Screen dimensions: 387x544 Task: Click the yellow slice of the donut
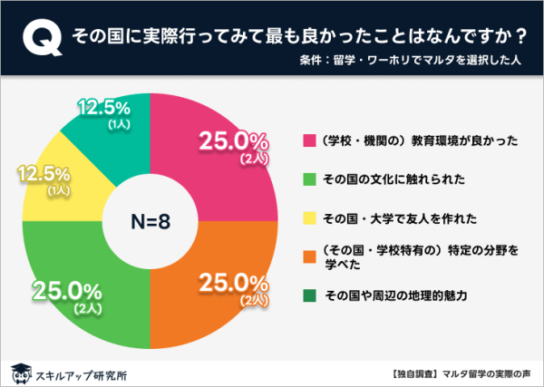[x=54, y=186]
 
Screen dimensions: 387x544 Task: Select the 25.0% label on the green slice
[x=66, y=291]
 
